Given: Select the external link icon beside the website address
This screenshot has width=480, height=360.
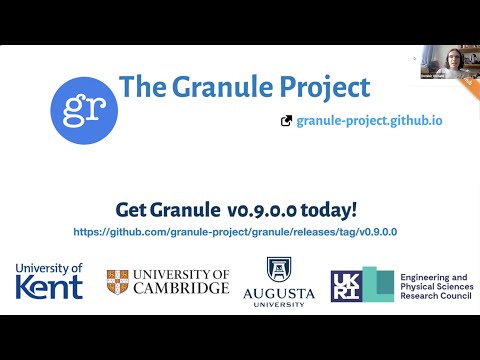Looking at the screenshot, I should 287,121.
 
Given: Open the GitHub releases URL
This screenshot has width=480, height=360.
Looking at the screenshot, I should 236,231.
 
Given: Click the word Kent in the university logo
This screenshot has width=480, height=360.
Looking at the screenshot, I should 49,288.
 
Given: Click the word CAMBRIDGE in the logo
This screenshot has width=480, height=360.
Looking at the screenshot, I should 184,288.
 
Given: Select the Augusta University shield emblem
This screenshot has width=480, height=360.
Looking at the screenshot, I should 279,270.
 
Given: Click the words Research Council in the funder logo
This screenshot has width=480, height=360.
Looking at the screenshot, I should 435,296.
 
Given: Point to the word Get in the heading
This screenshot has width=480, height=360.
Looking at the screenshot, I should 133,210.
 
